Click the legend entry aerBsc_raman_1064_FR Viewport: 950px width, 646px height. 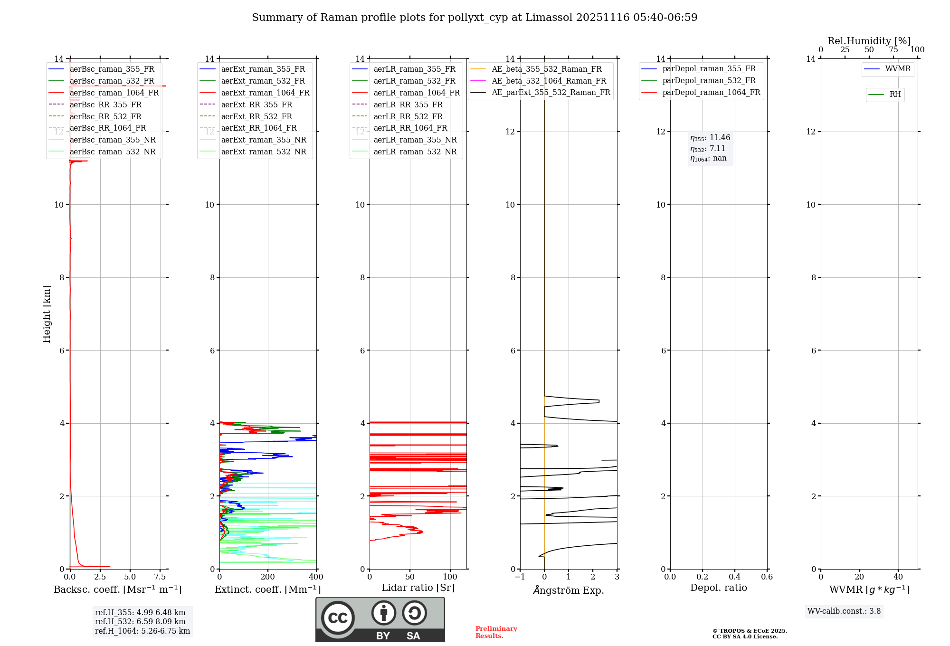[114, 93]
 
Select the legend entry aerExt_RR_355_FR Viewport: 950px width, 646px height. [256, 104]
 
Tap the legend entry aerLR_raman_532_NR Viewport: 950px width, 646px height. [415, 152]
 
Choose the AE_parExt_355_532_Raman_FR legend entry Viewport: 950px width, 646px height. [551, 92]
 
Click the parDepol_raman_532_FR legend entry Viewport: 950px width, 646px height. [709, 81]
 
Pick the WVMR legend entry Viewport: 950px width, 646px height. [898, 69]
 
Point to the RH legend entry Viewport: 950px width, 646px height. [895, 95]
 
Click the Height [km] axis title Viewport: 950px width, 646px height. [47, 314]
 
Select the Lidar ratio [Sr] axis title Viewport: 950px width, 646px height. [418, 588]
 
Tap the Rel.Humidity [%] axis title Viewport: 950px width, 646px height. [869, 41]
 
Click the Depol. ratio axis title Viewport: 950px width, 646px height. [718, 588]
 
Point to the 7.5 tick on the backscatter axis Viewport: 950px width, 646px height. [160, 577]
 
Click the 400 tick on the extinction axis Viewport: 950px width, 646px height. [316, 577]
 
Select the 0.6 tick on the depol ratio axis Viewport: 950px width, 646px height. [767, 577]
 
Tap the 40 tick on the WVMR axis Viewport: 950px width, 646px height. [898, 577]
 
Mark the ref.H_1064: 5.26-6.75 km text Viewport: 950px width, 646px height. [142, 631]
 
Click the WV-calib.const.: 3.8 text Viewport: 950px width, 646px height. [844, 611]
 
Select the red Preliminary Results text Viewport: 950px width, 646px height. [496, 632]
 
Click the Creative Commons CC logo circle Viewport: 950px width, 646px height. [338, 617]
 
